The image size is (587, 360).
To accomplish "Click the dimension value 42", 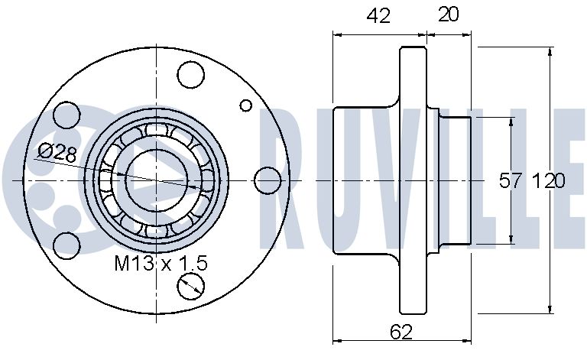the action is [378, 16].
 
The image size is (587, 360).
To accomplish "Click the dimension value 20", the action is [448, 15].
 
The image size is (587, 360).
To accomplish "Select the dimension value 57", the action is [510, 181].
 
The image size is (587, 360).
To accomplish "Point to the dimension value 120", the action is [548, 181].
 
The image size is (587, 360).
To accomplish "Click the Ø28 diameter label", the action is [57, 153].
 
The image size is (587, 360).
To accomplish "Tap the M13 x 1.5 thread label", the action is [161, 264].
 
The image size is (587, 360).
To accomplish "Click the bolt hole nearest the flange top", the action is [191, 75].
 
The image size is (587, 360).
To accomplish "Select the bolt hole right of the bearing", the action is [268, 180].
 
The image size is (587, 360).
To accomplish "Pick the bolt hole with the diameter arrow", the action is [191, 287].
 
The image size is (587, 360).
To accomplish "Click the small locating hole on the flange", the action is [246, 105].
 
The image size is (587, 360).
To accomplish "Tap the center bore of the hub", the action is [157, 180].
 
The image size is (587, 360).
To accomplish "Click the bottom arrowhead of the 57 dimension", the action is [511, 239].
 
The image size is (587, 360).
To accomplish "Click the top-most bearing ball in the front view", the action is [157, 129].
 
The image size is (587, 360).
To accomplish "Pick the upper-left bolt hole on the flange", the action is [66, 115].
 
